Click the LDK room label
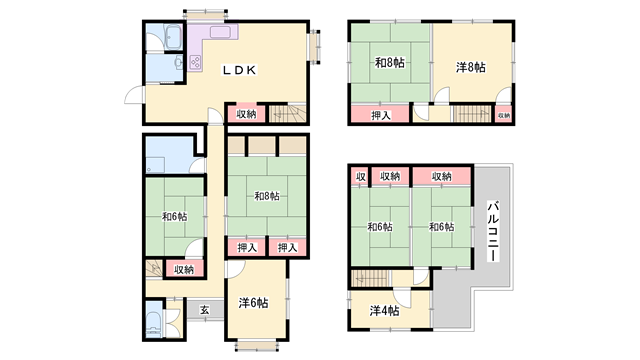[239, 70]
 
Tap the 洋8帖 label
[471, 67]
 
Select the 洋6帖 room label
[253, 303]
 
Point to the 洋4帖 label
[384, 311]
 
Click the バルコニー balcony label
[493, 231]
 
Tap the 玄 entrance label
[204, 310]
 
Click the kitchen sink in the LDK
[220, 32]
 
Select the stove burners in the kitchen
[195, 62]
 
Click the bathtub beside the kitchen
[173, 37]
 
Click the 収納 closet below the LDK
[247, 114]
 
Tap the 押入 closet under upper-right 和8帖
[380, 115]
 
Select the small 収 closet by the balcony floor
[360, 176]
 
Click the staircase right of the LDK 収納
[287, 113]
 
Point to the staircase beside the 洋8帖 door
[472, 114]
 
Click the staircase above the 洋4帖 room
[370, 278]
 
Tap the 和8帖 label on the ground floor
[267, 196]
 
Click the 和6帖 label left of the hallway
[175, 217]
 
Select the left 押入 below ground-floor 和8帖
[247, 247]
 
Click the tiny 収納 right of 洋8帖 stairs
[504, 115]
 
